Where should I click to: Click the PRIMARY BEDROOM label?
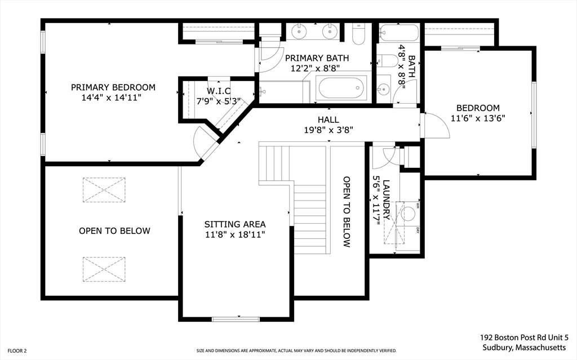pos(113,87)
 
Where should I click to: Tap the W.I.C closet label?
pos(219,91)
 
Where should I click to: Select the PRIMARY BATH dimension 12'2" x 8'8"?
pos(315,68)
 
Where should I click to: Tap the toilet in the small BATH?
pos(386,61)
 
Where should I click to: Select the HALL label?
pos(329,119)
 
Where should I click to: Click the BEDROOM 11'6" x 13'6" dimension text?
pos(478,118)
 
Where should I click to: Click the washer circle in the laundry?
pos(408,213)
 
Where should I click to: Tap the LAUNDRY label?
pos(387,199)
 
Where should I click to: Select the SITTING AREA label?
pos(235,224)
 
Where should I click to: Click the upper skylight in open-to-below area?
pos(104,190)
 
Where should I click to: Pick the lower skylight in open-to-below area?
pos(104,269)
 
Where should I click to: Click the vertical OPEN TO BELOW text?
pos(347,212)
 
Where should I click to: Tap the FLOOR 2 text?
pos(17,351)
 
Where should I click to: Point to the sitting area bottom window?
pos(236,319)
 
